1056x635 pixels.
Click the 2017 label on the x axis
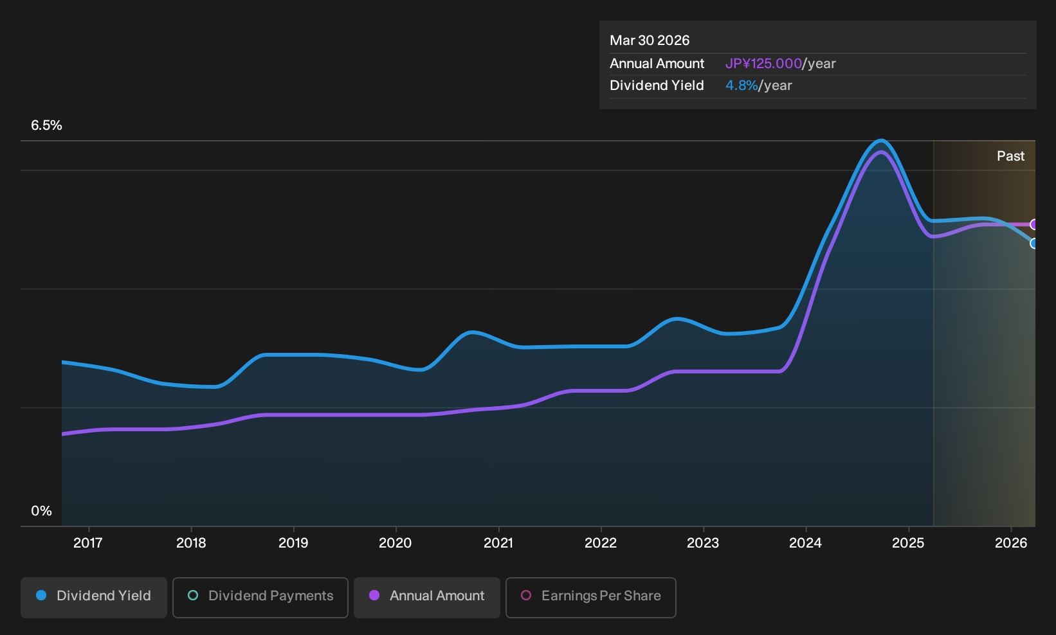point(88,543)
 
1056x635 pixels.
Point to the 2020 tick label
point(396,543)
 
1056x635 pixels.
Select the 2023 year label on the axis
point(703,543)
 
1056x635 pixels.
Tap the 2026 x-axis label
point(1011,543)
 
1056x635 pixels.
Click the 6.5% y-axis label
point(46,125)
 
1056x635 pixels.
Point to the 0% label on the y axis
point(42,511)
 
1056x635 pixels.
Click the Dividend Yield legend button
point(94,597)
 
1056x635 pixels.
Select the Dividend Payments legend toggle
point(260,597)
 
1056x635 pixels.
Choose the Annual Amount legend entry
point(426,597)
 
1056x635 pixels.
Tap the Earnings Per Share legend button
point(590,597)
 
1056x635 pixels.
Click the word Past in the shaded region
point(1010,156)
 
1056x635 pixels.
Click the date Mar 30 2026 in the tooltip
point(650,40)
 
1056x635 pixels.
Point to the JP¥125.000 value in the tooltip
point(763,64)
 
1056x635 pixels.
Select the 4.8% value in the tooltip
point(742,85)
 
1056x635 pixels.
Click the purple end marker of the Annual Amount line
point(1033,224)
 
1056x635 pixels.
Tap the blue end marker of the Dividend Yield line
point(1033,244)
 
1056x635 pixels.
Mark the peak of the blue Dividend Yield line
point(880,140)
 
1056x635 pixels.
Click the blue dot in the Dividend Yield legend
point(42,595)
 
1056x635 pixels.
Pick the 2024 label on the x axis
point(805,543)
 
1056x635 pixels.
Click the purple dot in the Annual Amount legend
point(374,595)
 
